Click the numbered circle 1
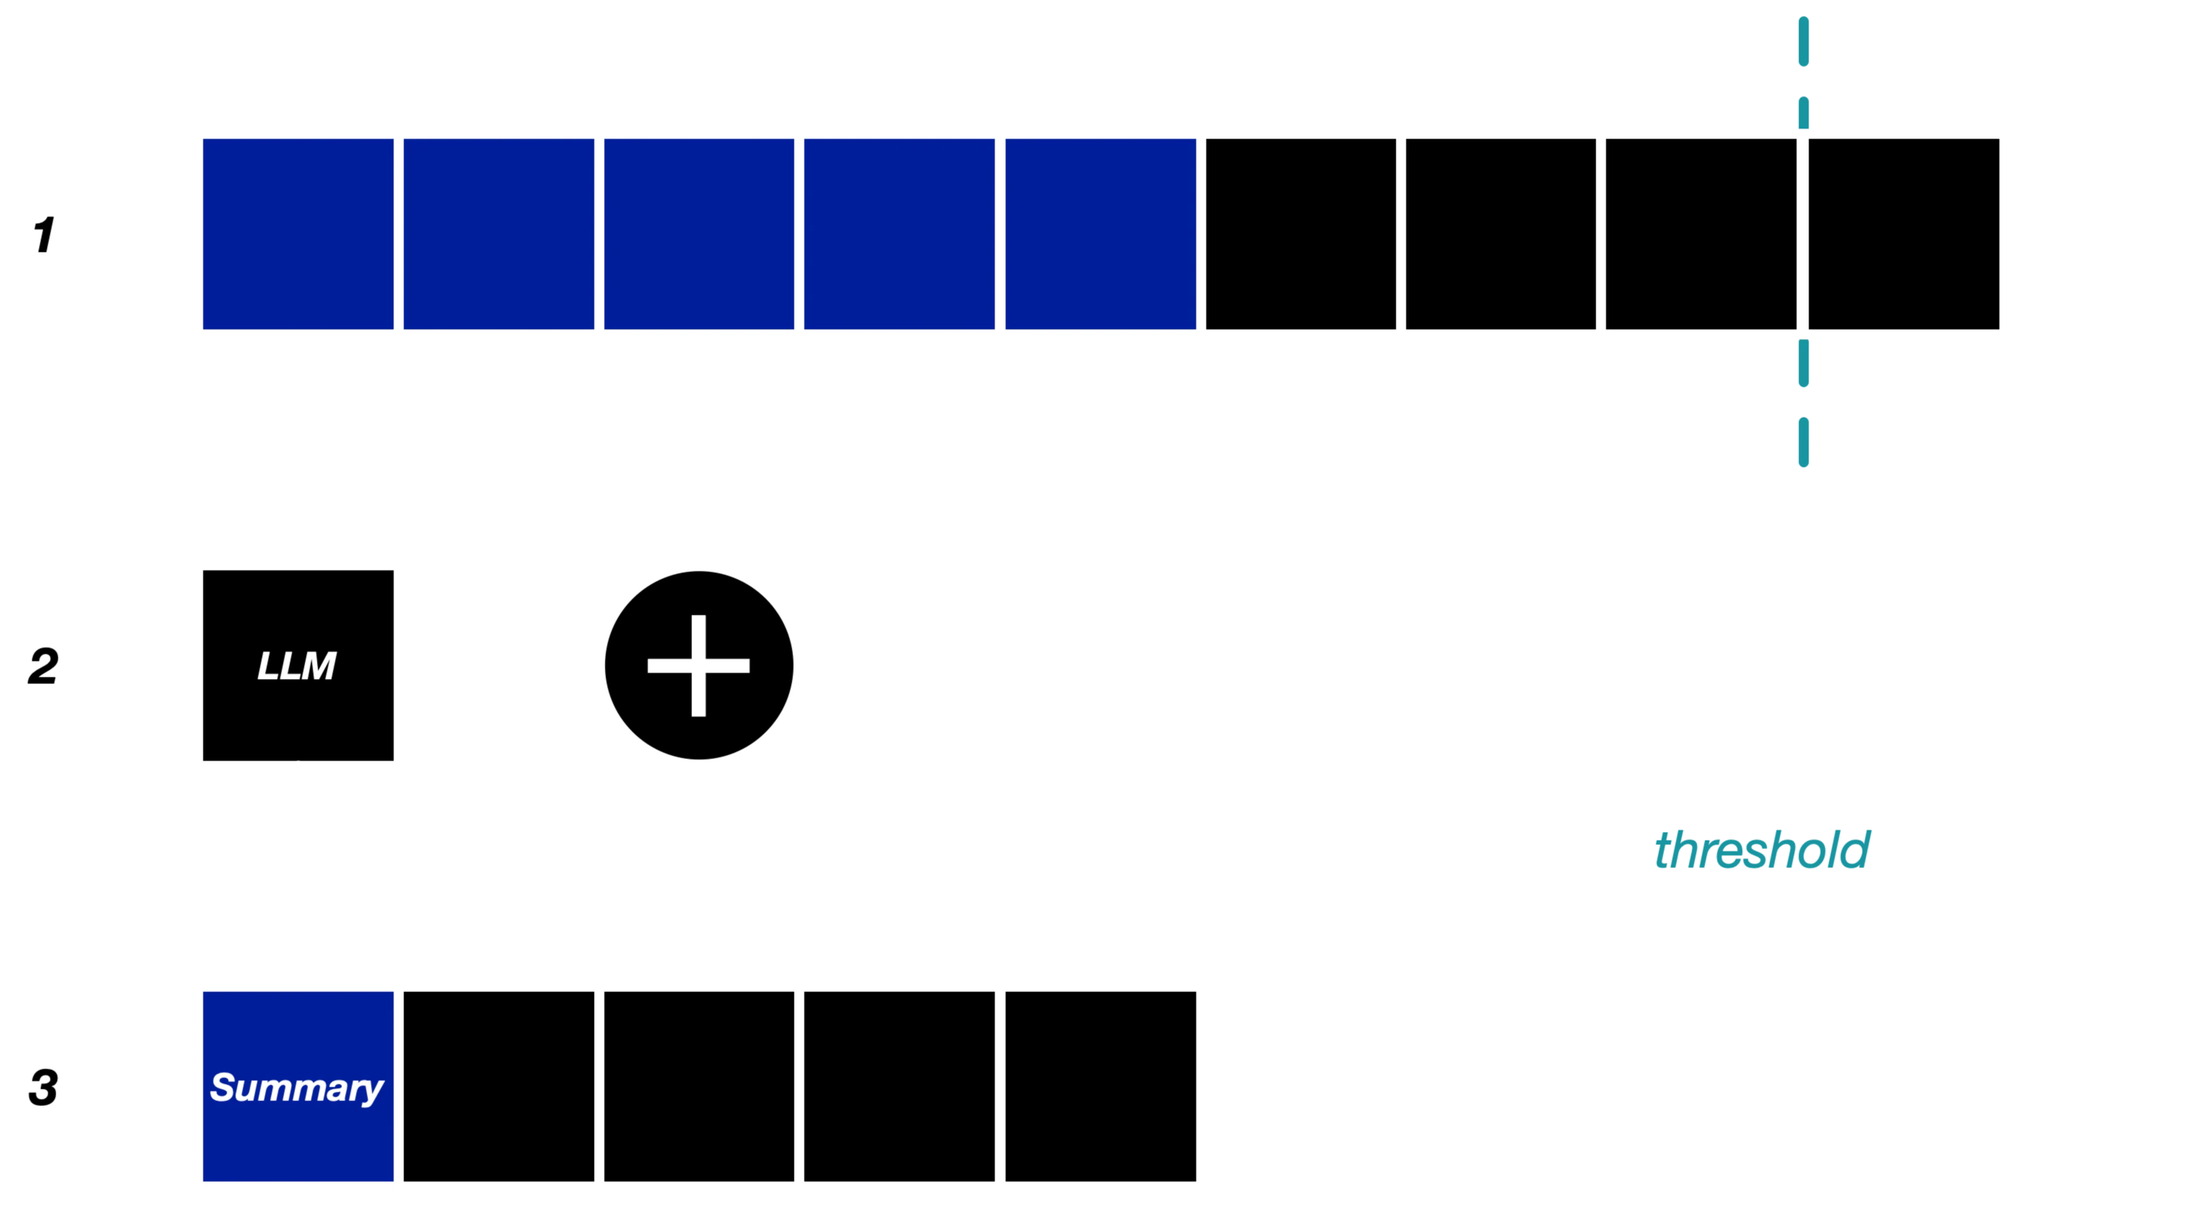coord(45,234)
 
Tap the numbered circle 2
coord(45,666)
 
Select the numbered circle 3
coord(45,1087)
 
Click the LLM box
coord(297,666)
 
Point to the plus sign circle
coord(699,665)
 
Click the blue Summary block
coord(297,1087)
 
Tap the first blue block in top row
coord(297,234)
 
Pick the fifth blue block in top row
coord(1101,234)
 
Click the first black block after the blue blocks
coord(1301,234)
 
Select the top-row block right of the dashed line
coord(1904,234)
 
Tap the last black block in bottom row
coord(1101,1087)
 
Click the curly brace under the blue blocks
coord(699,455)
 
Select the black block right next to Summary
coord(498,1087)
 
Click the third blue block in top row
coord(699,234)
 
